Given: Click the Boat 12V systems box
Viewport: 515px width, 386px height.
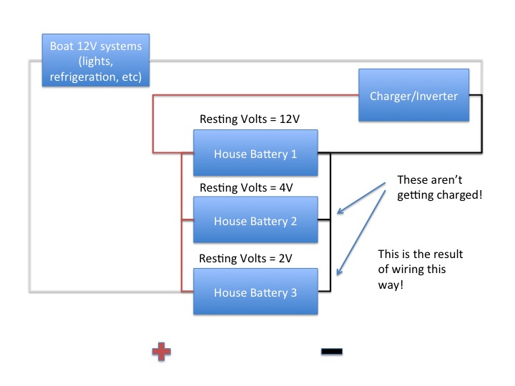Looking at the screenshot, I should tap(96, 61).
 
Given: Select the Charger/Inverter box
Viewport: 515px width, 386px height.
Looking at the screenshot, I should tap(413, 95).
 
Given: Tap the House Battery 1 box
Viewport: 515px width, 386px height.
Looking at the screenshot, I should tap(255, 153).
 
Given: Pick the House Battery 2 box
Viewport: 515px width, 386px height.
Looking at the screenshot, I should tap(255, 221).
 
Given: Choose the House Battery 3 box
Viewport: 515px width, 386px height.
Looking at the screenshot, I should tap(255, 292).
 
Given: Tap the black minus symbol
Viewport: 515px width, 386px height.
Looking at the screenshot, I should tap(332, 351).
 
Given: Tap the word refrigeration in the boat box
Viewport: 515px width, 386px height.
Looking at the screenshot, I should tap(85, 75).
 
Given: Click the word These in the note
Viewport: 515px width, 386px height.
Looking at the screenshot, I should tap(413, 179).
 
